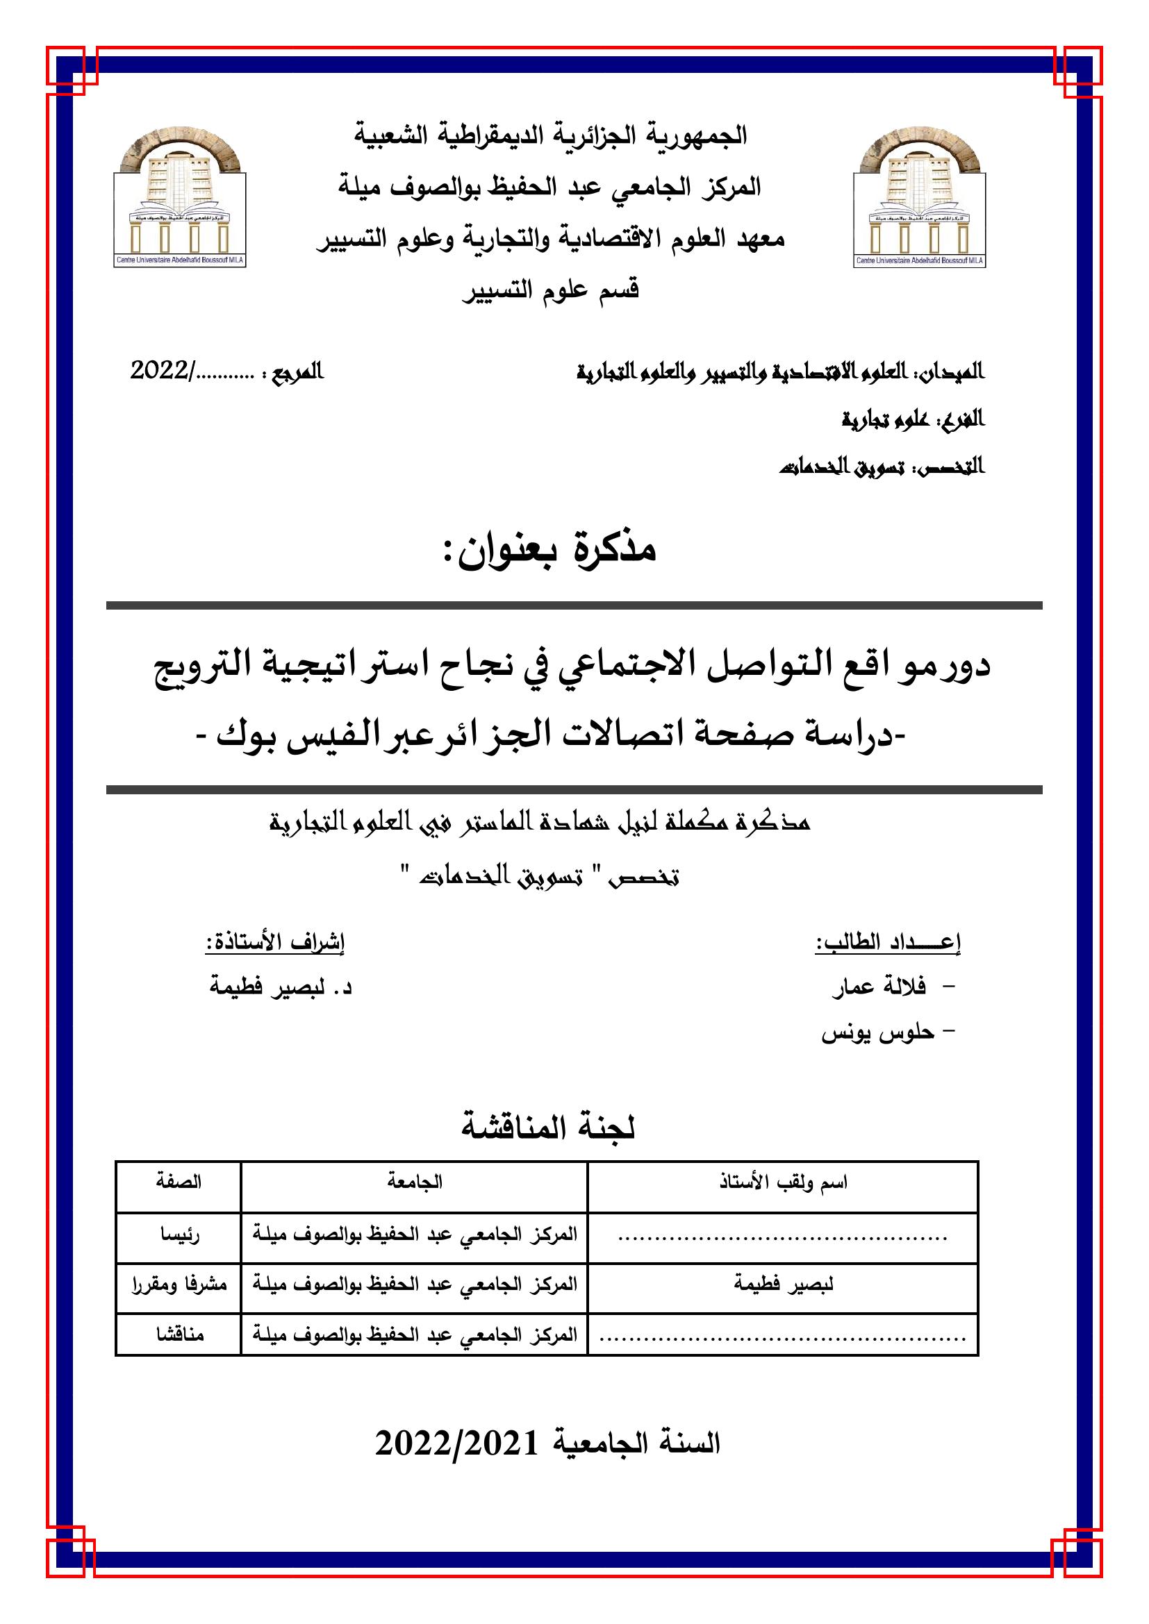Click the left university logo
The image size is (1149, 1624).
180,201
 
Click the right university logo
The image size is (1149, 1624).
920,201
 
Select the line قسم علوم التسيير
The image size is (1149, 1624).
551,291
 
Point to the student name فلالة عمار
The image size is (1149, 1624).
879,987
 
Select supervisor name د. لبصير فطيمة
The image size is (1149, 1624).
281,987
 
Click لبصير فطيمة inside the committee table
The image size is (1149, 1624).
783,1284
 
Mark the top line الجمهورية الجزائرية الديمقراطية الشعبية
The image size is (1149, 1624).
551,135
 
